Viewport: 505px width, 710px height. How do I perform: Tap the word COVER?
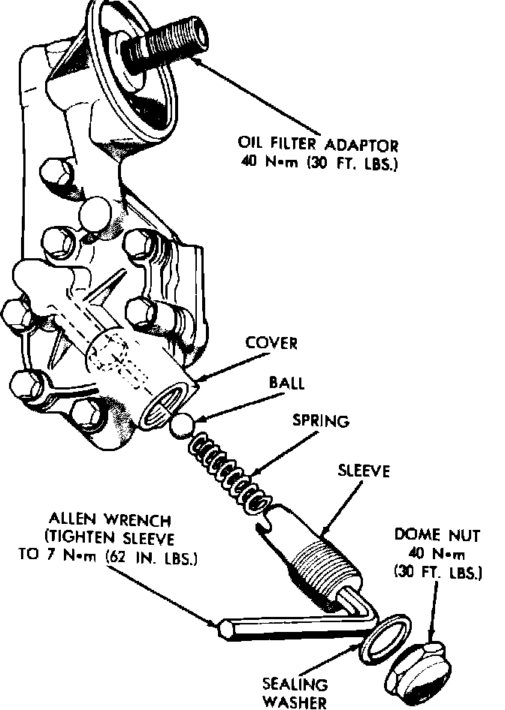(271, 344)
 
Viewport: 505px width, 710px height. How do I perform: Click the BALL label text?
(286, 384)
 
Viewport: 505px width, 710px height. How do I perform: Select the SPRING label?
(321, 421)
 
